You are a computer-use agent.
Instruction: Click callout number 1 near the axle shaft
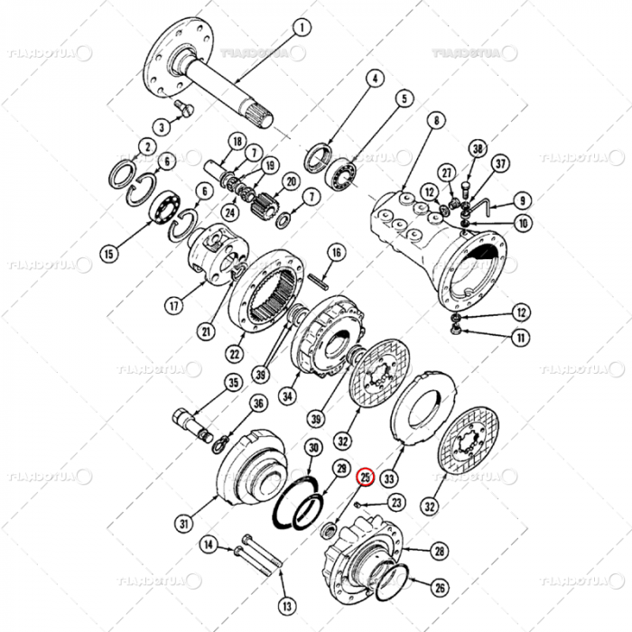click(x=301, y=27)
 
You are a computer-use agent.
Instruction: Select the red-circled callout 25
click(x=366, y=476)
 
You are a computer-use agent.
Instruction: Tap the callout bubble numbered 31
click(x=183, y=522)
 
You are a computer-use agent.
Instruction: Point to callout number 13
click(x=286, y=605)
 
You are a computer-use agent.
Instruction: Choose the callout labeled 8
click(x=437, y=120)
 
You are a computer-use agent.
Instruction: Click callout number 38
click(x=478, y=149)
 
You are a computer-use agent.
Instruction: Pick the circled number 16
click(x=336, y=252)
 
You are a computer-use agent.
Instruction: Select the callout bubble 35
click(x=234, y=383)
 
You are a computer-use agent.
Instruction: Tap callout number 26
click(x=440, y=588)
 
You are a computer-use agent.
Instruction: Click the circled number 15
click(x=109, y=254)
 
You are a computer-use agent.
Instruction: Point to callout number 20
click(x=291, y=181)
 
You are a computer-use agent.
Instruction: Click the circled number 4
click(x=373, y=79)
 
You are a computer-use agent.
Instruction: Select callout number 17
click(x=174, y=306)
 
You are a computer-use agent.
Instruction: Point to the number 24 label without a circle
click(x=230, y=213)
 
